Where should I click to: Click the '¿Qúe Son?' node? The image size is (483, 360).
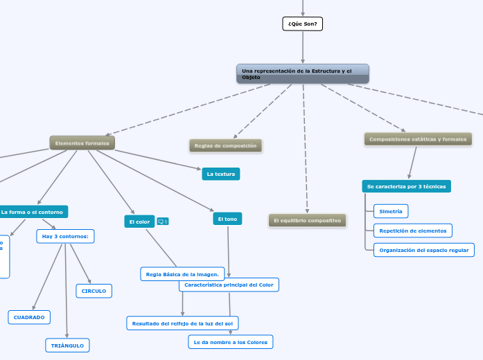(303, 24)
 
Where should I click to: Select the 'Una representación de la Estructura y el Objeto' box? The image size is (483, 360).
(303, 73)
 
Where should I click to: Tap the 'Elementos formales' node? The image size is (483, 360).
(82, 143)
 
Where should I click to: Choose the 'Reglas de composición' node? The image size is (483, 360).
(225, 145)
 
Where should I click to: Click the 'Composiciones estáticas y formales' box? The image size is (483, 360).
(418, 139)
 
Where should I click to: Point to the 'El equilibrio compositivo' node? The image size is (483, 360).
(307, 220)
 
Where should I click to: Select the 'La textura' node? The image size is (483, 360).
(220, 174)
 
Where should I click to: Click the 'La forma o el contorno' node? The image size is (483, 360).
(33, 212)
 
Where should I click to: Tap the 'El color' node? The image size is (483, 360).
(139, 222)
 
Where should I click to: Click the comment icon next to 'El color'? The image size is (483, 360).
(163, 222)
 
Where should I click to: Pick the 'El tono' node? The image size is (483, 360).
(227, 219)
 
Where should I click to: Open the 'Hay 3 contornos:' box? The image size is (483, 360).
(65, 237)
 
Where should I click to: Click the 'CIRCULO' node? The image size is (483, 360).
(94, 291)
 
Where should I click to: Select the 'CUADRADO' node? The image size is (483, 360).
(29, 317)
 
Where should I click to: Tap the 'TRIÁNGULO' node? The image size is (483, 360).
(67, 345)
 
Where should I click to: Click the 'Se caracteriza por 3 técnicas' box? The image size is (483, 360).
(406, 186)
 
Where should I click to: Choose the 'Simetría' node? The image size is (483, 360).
(391, 210)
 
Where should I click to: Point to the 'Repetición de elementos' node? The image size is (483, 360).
(413, 231)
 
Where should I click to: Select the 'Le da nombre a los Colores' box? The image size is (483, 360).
(231, 341)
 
